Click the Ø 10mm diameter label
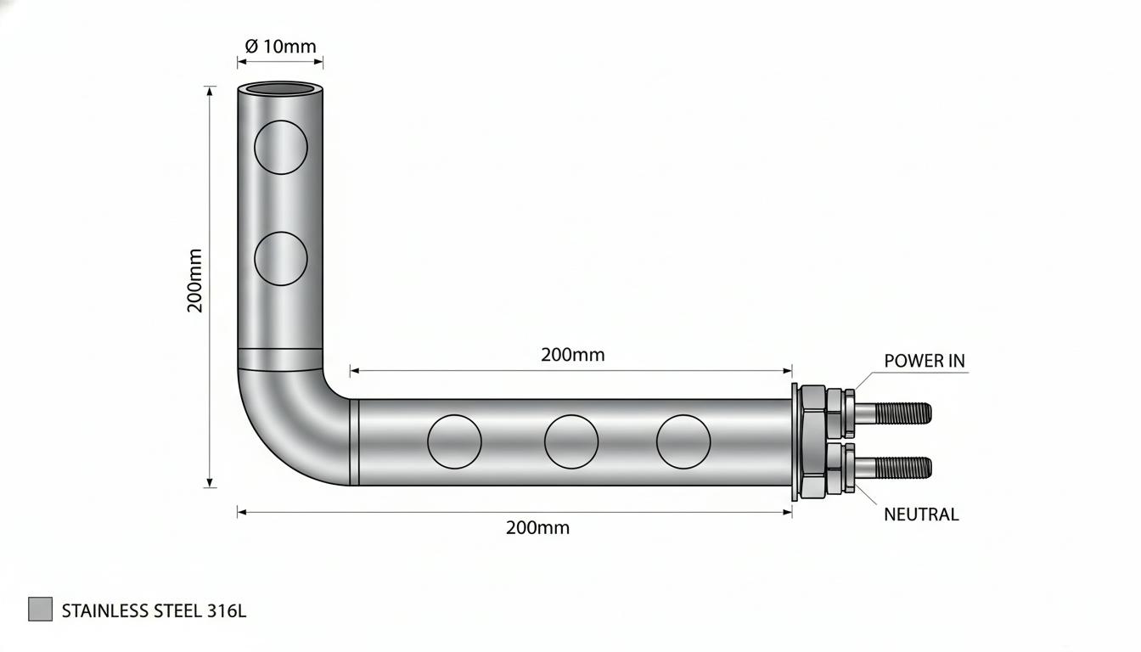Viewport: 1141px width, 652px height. pyautogui.click(x=281, y=47)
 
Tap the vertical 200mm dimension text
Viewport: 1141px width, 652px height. pyautogui.click(x=195, y=281)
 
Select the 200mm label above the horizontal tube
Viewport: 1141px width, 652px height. pyautogui.click(x=572, y=355)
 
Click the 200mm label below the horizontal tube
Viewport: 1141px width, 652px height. pyautogui.click(x=537, y=528)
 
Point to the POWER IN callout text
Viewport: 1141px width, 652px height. pyautogui.click(x=925, y=361)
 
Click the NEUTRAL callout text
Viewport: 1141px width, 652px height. pyautogui.click(x=921, y=514)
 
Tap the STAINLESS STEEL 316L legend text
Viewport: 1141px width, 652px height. pyautogui.click(x=154, y=610)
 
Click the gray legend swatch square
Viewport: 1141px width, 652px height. pyautogui.click(x=40, y=610)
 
